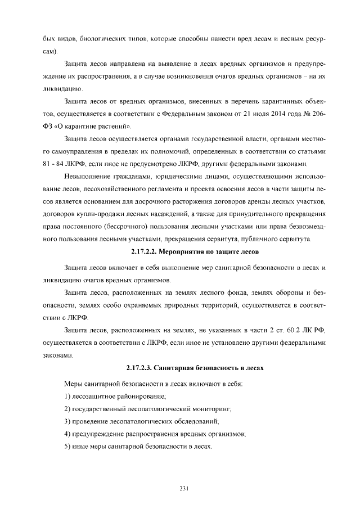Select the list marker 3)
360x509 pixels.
click(68, 421)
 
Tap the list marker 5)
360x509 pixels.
click(68, 446)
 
